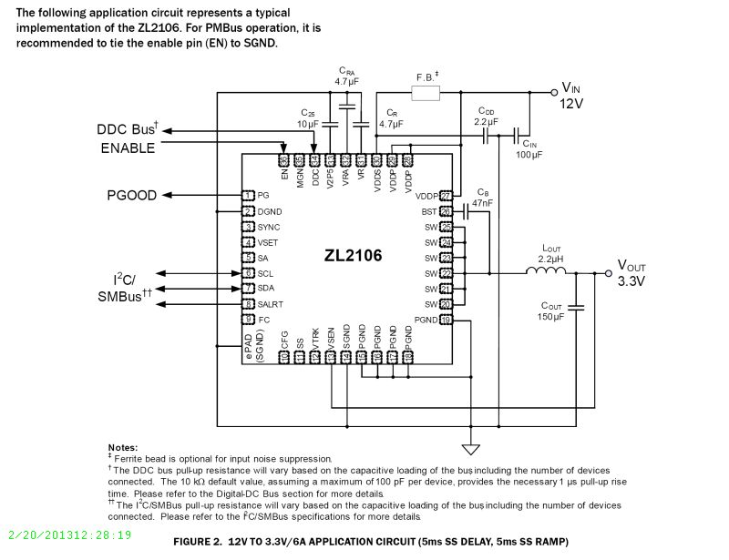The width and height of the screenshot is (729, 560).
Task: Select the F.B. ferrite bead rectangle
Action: [x=426, y=93]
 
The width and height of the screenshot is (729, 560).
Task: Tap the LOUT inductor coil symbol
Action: [x=547, y=272]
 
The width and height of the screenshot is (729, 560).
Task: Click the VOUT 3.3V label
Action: [x=631, y=272]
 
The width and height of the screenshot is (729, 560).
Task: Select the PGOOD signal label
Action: [x=132, y=195]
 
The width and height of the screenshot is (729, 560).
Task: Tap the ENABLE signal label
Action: [x=128, y=148]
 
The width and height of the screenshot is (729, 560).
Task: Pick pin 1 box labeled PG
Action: [x=247, y=195]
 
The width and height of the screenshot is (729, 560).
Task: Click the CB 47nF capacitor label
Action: [x=483, y=198]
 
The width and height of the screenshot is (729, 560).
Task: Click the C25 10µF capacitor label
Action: [x=306, y=117]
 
